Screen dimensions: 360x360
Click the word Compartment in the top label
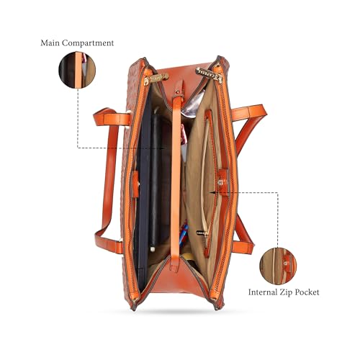[88, 43]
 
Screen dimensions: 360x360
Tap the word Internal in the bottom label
[263, 292]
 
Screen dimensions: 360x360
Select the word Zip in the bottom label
[286, 292]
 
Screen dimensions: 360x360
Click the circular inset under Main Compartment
[77, 70]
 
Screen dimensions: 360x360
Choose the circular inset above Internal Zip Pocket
[278, 266]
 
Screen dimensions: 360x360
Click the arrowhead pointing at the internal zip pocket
[212, 192]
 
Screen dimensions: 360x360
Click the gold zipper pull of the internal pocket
[202, 233]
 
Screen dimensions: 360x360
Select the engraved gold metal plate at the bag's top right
[208, 74]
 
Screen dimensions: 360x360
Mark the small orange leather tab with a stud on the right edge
[223, 181]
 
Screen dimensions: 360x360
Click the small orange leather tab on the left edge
[135, 184]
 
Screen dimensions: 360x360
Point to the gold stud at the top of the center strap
[178, 92]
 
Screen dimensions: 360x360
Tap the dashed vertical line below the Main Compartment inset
[77, 118]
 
